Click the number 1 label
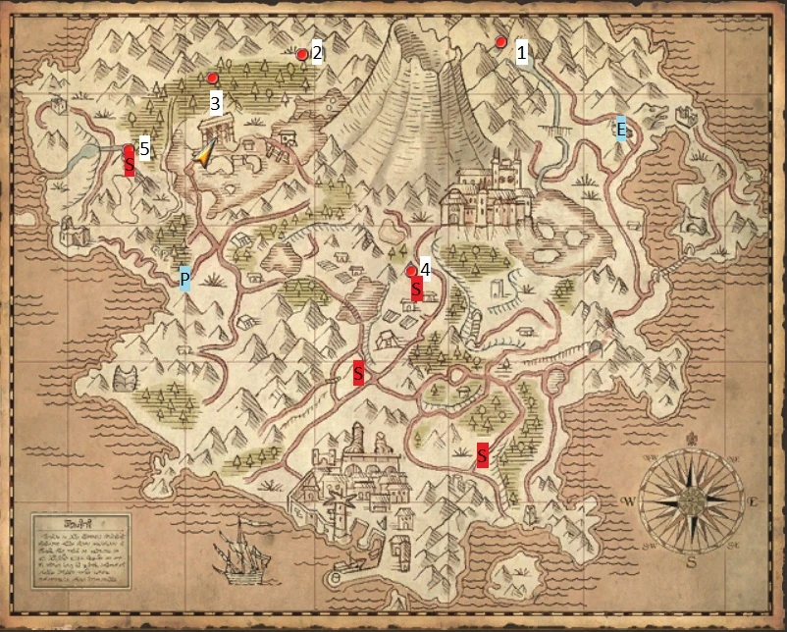[x=522, y=52]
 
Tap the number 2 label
[x=317, y=53]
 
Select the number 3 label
[x=216, y=102]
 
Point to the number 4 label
[x=425, y=268]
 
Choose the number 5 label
[x=144, y=148]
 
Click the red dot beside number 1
[x=500, y=42]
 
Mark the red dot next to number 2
[x=302, y=55]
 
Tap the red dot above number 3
[x=212, y=78]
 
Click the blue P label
[x=184, y=281]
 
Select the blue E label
[x=621, y=129]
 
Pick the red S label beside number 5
[x=129, y=162]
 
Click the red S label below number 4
[x=416, y=290]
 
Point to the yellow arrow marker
[x=205, y=154]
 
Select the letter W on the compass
[x=629, y=501]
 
